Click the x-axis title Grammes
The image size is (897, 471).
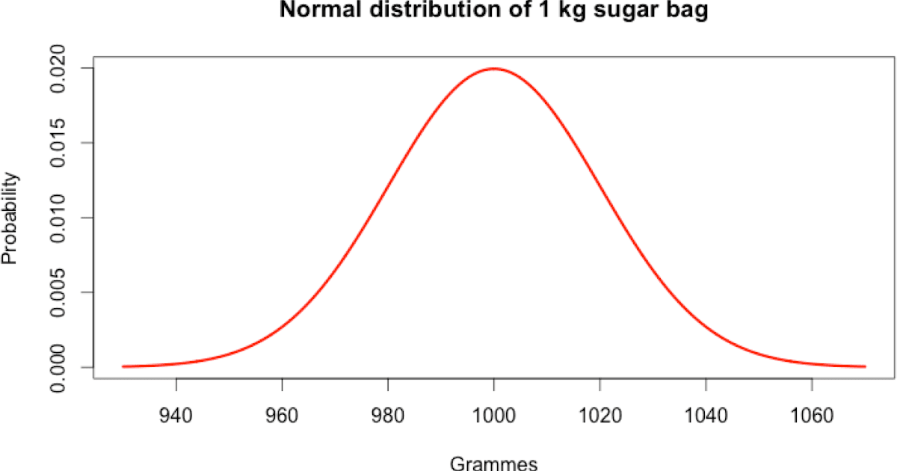point(493,464)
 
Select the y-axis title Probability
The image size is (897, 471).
point(10,218)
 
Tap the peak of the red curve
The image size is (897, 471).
point(494,68)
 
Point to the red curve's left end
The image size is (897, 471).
point(123,366)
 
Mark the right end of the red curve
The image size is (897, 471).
point(865,366)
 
